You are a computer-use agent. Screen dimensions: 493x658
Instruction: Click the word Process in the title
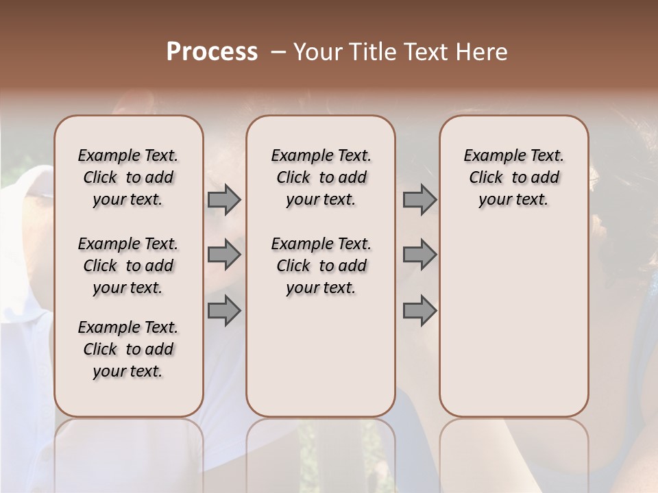(212, 52)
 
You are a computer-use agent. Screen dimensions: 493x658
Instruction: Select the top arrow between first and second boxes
(223, 200)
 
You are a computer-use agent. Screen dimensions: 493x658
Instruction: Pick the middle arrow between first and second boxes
(223, 255)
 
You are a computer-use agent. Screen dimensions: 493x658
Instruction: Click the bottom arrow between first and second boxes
(223, 311)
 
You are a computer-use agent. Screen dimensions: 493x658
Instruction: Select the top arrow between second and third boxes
(419, 200)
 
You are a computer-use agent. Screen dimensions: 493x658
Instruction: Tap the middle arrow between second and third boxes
(419, 255)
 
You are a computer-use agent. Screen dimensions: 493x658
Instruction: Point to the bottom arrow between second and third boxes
(419, 311)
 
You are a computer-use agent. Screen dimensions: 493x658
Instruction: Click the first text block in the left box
(128, 177)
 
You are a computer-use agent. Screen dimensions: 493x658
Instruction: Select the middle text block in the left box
(128, 266)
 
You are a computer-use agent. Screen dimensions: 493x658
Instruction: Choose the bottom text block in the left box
(128, 349)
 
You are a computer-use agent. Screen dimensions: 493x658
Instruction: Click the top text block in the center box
(321, 177)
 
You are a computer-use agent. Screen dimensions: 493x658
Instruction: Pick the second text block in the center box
(321, 266)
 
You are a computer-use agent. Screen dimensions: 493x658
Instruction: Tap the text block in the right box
(513, 177)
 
